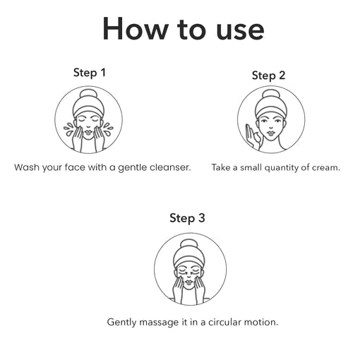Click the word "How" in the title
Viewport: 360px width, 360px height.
pyautogui.click(x=134, y=28)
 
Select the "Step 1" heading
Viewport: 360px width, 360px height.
pyautogui.click(x=90, y=73)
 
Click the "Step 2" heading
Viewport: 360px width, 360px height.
pyautogui.click(x=268, y=76)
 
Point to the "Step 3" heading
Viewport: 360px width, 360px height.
pyautogui.click(x=187, y=218)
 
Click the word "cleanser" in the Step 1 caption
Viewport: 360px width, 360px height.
pyautogui.click(x=170, y=167)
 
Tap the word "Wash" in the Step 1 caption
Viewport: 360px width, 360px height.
pyautogui.click(x=27, y=167)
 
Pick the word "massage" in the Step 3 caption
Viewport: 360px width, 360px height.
pyautogui.click(x=159, y=322)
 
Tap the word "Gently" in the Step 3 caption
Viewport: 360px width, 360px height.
pyautogui.click(x=121, y=323)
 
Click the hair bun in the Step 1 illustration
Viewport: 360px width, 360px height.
pyautogui.click(x=88, y=95)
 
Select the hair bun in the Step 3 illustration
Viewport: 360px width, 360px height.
pyautogui.click(x=189, y=245)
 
